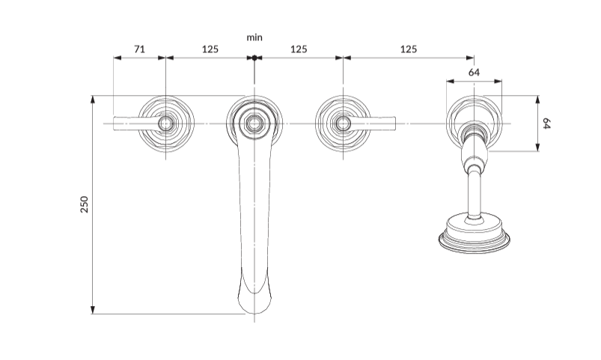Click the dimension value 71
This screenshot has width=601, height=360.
[139, 49]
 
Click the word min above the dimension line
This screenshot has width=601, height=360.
[254, 36]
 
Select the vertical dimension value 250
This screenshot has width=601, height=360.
[85, 204]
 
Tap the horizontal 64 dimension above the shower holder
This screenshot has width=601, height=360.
[474, 73]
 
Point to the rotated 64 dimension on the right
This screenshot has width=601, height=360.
[546, 123]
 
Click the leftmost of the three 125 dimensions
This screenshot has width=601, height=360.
[210, 49]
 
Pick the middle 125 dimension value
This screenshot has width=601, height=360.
[299, 49]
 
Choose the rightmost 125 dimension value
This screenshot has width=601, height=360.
[408, 49]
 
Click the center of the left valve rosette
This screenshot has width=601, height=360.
[166, 123]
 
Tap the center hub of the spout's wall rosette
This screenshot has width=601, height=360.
[254, 123]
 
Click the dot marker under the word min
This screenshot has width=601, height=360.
[254, 58]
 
